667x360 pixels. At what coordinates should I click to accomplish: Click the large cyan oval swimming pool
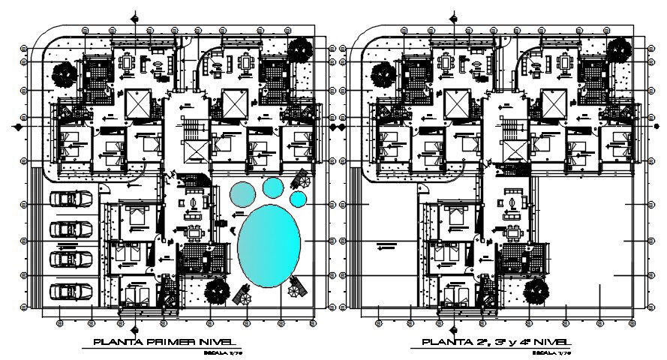pyautogui.click(x=269, y=244)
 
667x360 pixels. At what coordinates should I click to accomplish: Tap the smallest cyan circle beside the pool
pyautogui.click(x=298, y=199)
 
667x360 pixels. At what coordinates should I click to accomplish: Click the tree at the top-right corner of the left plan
pyautogui.click(x=301, y=50)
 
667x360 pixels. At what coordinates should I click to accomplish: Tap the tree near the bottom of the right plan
pyautogui.click(x=536, y=291)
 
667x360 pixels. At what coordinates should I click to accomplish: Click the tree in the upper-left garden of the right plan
pyautogui.click(x=383, y=73)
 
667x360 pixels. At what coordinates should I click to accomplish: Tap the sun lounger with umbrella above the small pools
pyautogui.click(x=302, y=178)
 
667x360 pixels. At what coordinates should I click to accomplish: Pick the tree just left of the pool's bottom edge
pyautogui.click(x=217, y=289)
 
